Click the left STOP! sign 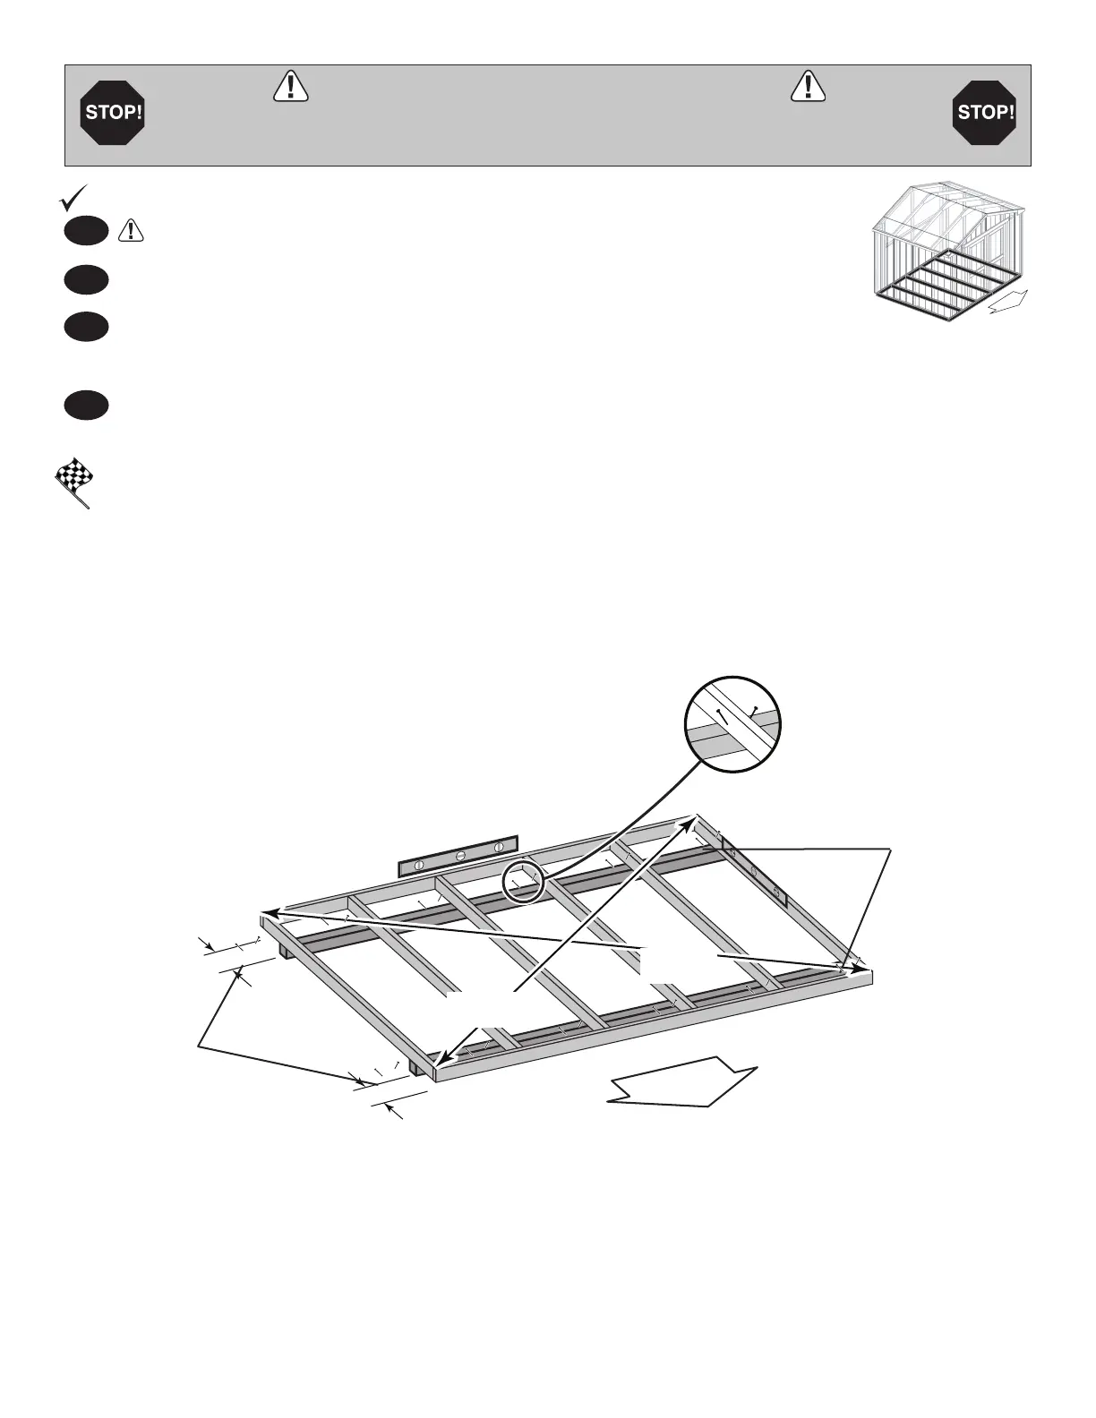coord(113,113)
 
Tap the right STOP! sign coord(984,113)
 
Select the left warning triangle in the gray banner coord(289,86)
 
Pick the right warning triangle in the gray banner coord(809,86)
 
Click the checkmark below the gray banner coord(72,197)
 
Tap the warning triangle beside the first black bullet coord(132,231)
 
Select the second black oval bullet coord(86,280)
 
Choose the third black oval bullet coord(86,327)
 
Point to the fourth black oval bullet coord(86,406)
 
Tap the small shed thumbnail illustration coord(949,250)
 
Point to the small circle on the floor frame coord(523,883)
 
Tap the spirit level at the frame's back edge coord(458,856)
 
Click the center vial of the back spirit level coord(458,856)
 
